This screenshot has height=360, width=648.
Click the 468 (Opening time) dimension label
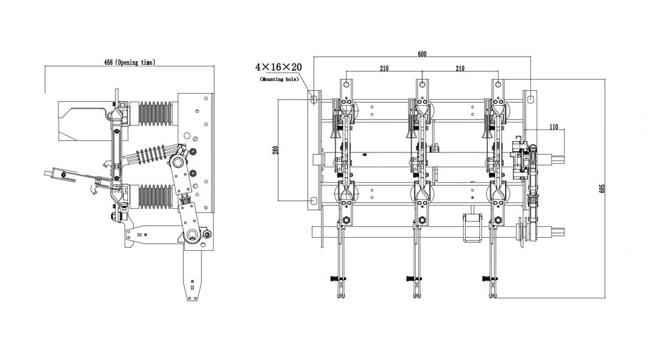[x=129, y=62]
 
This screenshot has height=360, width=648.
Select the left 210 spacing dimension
[x=384, y=68]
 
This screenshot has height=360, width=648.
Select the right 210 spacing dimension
[x=460, y=68]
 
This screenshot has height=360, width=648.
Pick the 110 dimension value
[x=553, y=127]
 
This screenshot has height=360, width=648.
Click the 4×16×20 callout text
[x=278, y=67]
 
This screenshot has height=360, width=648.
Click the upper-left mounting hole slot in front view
[x=313, y=97]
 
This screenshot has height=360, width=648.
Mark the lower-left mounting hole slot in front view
[x=313, y=200]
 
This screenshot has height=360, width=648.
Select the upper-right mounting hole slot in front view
[x=531, y=97]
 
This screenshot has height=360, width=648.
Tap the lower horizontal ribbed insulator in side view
[x=155, y=196]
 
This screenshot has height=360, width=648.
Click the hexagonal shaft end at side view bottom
[x=193, y=235]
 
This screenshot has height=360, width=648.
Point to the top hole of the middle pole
[x=422, y=84]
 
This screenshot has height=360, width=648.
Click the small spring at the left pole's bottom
[x=334, y=278]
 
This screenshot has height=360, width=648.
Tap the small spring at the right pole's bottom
[x=487, y=278]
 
